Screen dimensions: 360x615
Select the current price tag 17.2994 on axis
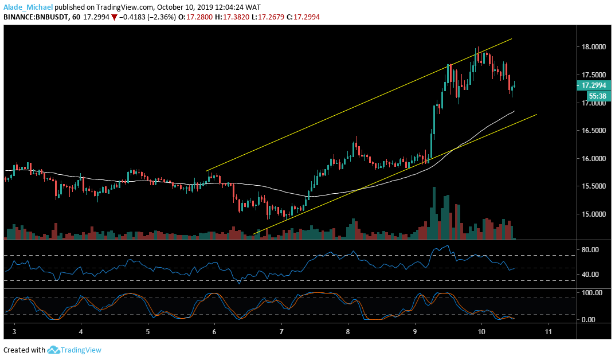coord(593,85)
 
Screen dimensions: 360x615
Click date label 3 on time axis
coord(14,332)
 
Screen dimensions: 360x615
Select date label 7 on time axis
coord(281,332)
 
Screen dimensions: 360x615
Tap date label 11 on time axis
coord(549,332)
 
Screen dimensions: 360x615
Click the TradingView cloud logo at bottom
coord(54,350)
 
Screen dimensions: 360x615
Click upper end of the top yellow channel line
coord(511,39)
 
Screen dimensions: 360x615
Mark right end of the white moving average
coord(514,111)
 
